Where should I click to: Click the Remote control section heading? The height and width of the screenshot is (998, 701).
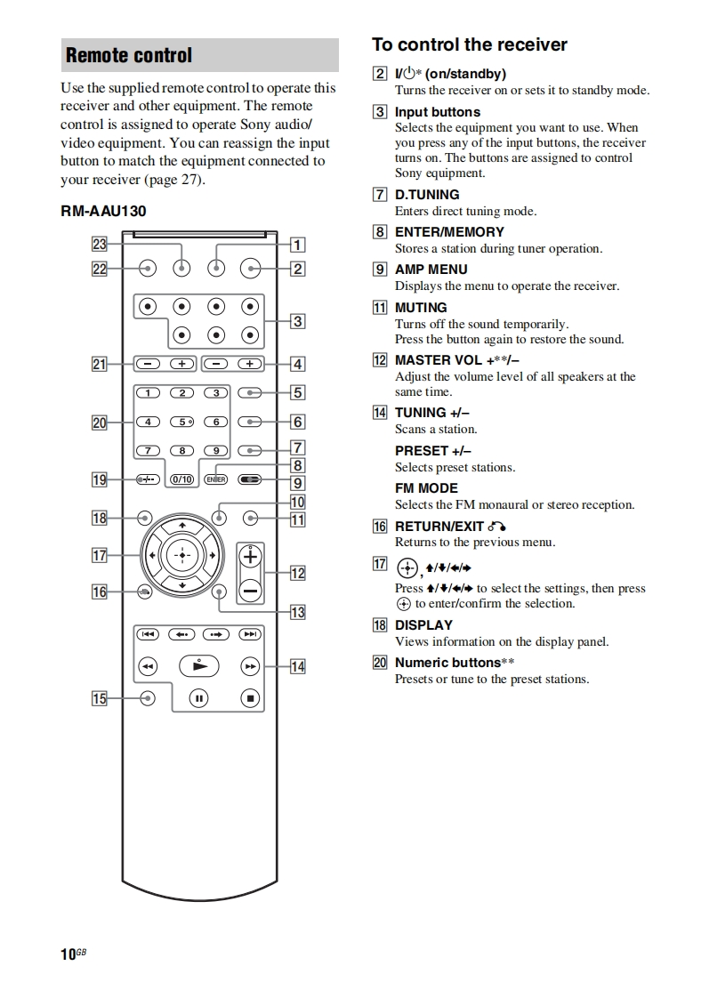pyautogui.click(x=129, y=56)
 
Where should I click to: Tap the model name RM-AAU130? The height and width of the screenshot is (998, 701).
pyautogui.click(x=103, y=212)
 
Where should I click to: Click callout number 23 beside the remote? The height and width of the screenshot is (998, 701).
pyautogui.click(x=99, y=245)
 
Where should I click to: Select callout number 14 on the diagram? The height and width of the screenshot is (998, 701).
pyautogui.click(x=297, y=666)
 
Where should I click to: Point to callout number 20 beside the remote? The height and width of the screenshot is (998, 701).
pyautogui.click(x=99, y=423)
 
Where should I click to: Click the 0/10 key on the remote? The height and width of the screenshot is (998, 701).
pyautogui.click(x=181, y=479)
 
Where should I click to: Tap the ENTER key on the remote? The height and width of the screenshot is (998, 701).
pyautogui.click(x=215, y=479)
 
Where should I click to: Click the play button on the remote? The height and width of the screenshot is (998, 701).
pyautogui.click(x=199, y=665)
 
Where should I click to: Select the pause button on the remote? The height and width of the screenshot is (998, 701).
pyautogui.click(x=199, y=699)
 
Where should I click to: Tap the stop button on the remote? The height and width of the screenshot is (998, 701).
pyautogui.click(x=251, y=699)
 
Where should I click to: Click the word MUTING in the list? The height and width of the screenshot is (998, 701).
pyautogui.click(x=421, y=308)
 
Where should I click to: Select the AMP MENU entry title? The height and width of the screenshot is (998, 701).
pyautogui.click(x=431, y=270)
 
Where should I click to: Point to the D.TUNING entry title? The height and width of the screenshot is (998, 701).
pyautogui.click(x=427, y=195)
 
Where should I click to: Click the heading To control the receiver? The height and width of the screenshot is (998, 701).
pyautogui.click(x=469, y=45)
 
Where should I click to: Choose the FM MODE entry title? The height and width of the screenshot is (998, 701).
pyautogui.click(x=426, y=488)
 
